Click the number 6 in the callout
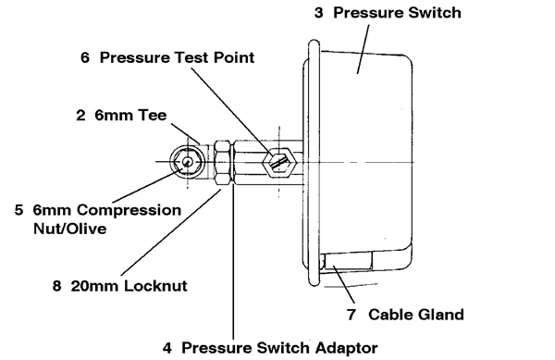pyautogui.click(x=85, y=57)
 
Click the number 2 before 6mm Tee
pyautogui.click(x=80, y=117)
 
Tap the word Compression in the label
pyautogui.click(x=130, y=210)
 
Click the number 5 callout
pyautogui.click(x=18, y=210)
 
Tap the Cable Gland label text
pyautogui.click(x=415, y=314)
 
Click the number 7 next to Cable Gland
pyautogui.click(x=351, y=314)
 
